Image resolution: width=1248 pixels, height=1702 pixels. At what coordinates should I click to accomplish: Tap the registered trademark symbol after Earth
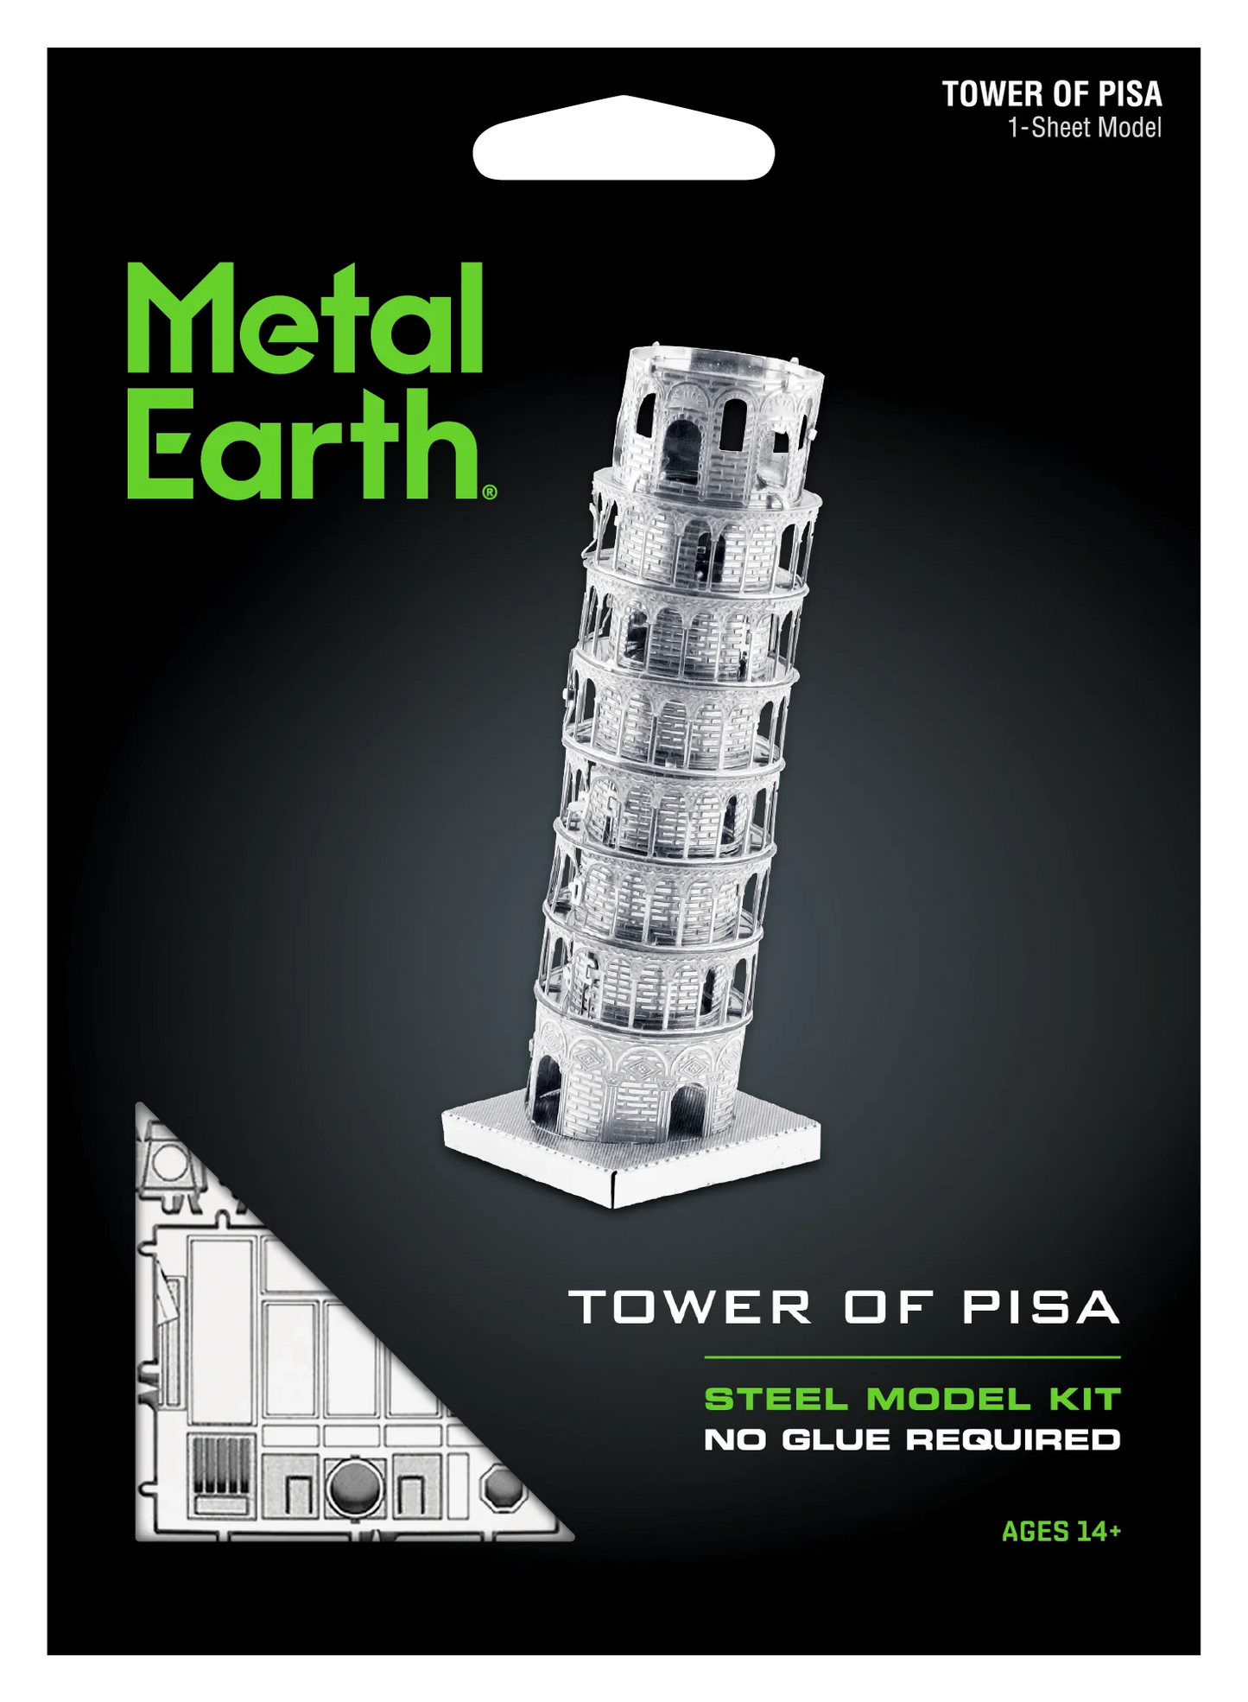(x=490, y=492)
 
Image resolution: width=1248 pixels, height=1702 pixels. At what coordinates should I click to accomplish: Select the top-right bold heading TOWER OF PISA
(x=1051, y=94)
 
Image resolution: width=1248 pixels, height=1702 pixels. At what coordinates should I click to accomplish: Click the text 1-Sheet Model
(x=1084, y=128)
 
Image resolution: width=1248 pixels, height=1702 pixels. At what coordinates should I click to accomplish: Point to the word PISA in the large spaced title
(x=1041, y=1307)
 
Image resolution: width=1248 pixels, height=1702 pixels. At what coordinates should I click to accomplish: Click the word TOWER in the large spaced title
(x=690, y=1307)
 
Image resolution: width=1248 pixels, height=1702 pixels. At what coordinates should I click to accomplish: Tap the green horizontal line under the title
(x=911, y=1357)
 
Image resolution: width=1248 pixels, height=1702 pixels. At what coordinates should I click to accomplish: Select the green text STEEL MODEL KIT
(x=912, y=1399)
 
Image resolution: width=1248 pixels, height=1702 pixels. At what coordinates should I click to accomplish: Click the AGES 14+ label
(x=1061, y=1532)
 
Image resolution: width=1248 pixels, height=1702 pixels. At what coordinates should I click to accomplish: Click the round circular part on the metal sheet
(x=354, y=1486)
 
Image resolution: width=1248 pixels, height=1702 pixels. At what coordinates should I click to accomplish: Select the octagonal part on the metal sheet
(x=503, y=1489)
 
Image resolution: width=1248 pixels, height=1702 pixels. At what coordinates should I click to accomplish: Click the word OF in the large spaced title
(x=888, y=1307)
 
